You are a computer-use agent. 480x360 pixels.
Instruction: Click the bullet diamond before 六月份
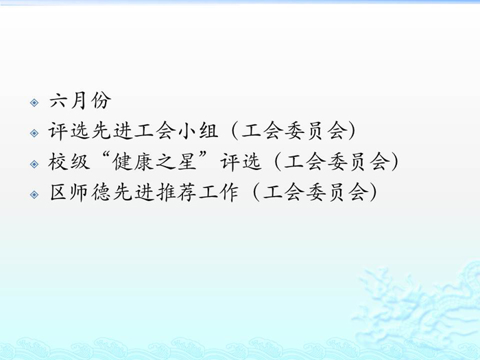(34, 103)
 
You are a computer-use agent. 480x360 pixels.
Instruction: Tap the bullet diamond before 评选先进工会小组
(34, 133)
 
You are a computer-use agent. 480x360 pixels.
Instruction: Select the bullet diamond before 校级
(34, 164)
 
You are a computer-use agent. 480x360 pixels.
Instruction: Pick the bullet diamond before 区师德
(34, 195)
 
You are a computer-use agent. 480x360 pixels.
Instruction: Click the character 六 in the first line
(58, 100)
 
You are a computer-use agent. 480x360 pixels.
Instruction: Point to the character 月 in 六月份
(80, 100)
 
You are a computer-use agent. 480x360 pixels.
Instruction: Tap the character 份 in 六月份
(101, 100)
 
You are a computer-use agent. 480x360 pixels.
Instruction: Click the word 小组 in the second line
(197, 131)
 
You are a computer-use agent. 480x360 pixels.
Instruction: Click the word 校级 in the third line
(69, 162)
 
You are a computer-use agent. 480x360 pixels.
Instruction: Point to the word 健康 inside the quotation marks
(132, 162)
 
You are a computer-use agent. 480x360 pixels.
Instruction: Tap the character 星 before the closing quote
(186, 162)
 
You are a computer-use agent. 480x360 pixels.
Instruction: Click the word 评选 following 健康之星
(241, 162)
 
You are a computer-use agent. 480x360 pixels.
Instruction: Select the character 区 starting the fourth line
(58, 192)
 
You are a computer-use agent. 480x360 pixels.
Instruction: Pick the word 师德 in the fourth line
(91, 192)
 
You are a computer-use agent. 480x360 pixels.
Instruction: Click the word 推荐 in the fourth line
(176, 192)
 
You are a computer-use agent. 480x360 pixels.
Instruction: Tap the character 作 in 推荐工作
(229, 192)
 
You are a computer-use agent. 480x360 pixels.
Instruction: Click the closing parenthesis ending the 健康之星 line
(396, 162)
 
